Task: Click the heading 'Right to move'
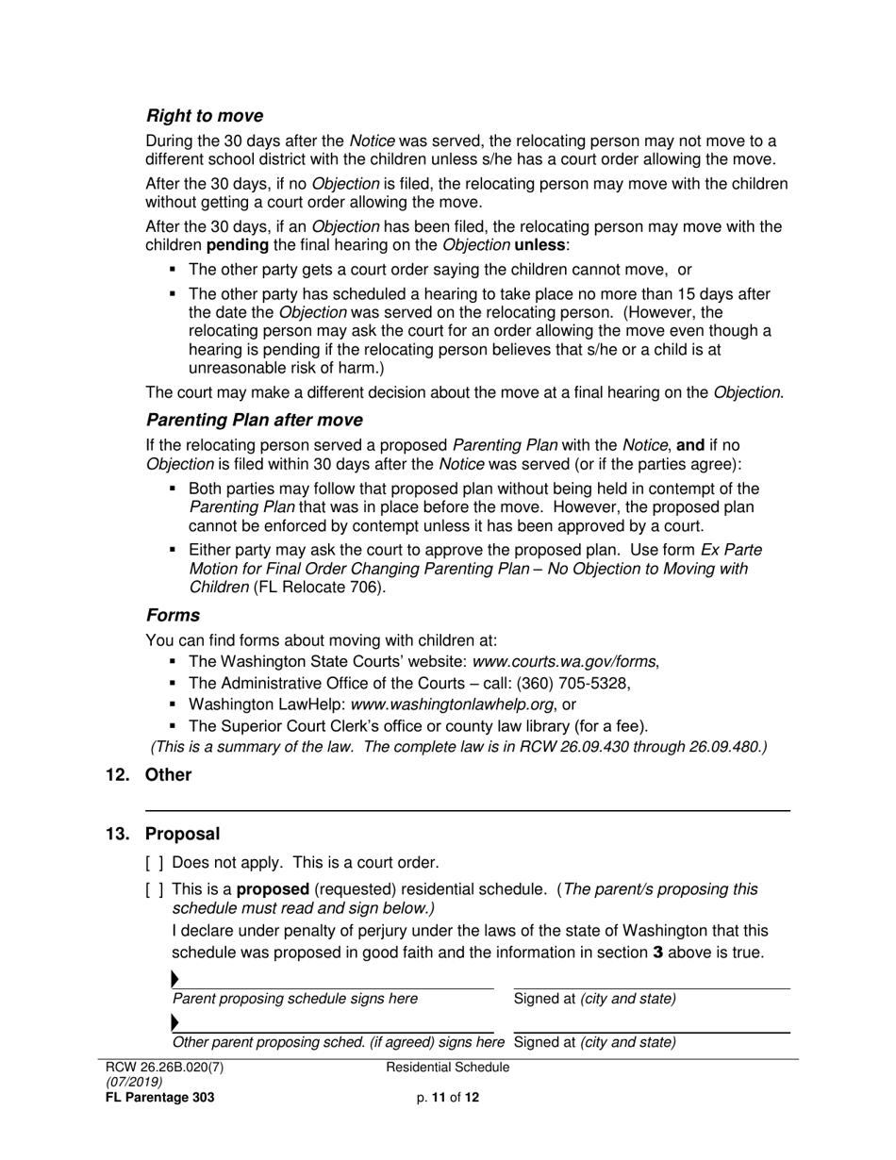204,116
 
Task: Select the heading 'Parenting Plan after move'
254,419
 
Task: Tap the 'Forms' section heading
173,615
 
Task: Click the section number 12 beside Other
120,774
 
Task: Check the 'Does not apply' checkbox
155,862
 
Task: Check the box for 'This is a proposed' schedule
155,889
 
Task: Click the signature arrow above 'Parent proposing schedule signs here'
175,980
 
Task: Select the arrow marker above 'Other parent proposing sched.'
175,1023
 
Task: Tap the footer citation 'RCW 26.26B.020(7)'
165,1068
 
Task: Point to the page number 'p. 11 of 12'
448,1097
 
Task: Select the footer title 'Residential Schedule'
448,1068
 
